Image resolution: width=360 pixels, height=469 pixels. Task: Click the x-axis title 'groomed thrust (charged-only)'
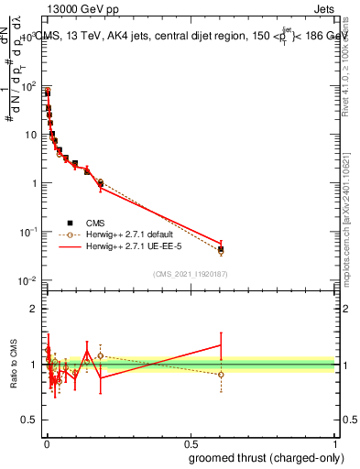tap(266, 457)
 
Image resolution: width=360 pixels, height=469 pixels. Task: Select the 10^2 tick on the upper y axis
tap(29, 86)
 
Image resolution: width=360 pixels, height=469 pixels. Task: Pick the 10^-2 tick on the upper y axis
tap(29, 280)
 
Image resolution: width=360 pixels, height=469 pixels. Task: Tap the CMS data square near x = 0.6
tap(221, 248)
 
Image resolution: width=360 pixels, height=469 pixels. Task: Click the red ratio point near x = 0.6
tap(221, 345)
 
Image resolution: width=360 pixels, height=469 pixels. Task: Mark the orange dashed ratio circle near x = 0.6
tap(221, 374)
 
